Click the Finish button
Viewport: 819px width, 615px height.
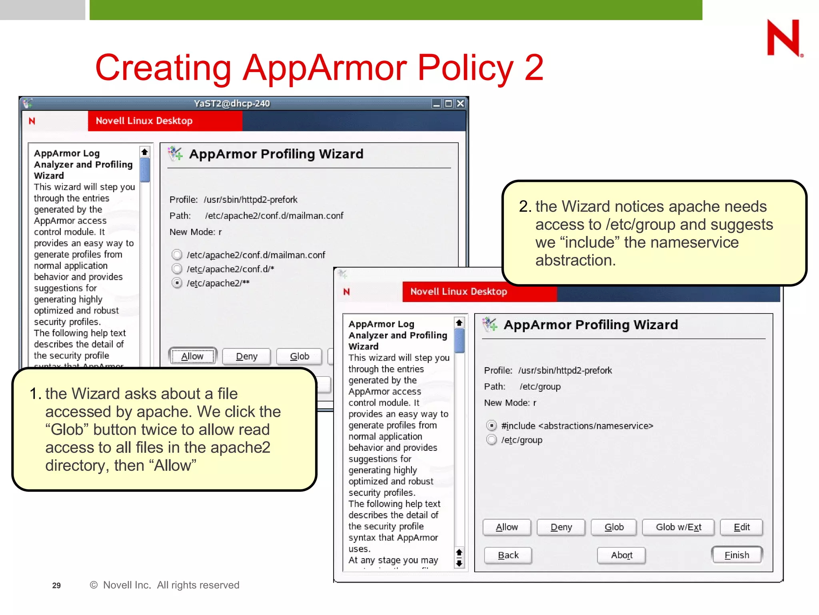click(737, 555)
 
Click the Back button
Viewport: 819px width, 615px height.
click(508, 555)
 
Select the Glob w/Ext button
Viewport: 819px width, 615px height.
click(678, 527)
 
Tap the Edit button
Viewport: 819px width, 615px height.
click(741, 527)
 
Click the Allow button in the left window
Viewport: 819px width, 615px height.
click(192, 356)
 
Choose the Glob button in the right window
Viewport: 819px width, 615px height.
click(614, 527)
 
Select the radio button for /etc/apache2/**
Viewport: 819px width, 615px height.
click(177, 283)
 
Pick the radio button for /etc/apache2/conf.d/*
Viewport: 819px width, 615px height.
click(177, 269)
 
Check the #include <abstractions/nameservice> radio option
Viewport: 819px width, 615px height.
click(491, 426)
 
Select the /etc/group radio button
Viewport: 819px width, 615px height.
click(491, 440)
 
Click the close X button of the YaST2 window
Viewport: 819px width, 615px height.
click(461, 104)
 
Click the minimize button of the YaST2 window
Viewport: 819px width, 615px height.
click(436, 104)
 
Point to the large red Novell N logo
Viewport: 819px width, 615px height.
click(783, 38)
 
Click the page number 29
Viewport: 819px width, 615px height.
click(56, 585)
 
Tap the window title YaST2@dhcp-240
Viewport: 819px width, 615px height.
click(232, 104)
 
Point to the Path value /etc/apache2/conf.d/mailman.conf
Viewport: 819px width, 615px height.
click(274, 216)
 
